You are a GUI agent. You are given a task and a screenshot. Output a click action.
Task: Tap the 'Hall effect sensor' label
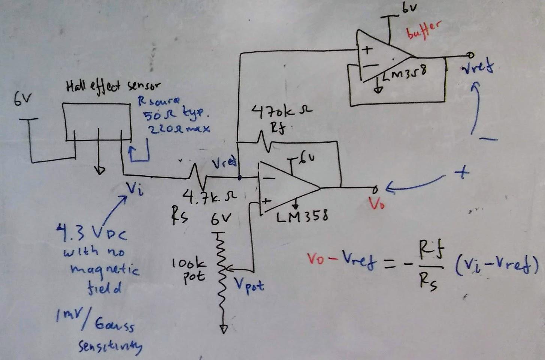pos(112,87)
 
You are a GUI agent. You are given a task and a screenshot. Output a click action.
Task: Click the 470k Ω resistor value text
pos(281,111)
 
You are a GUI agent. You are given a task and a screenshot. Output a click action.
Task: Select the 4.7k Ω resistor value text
pos(209,196)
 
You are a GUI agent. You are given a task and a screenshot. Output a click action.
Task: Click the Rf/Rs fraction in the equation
pos(431,266)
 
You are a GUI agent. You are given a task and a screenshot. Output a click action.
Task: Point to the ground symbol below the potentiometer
pos(224,329)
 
